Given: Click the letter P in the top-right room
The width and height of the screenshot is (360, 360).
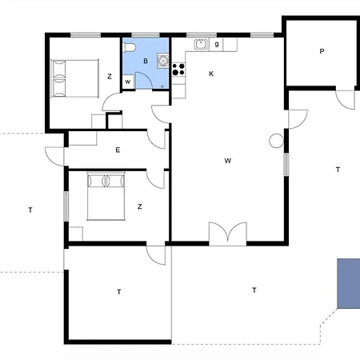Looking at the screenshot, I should (322, 51).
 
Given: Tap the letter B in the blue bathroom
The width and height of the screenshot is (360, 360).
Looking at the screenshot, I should (145, 61).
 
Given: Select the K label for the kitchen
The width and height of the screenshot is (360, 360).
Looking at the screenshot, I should (211, 74).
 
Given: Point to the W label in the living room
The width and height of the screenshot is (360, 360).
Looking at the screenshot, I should (228, 161).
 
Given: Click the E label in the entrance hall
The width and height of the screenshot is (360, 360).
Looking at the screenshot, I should (118, 150).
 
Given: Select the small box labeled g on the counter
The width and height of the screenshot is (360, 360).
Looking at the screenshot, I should (217, 45).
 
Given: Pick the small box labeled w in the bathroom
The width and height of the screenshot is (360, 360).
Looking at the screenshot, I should (128, 81).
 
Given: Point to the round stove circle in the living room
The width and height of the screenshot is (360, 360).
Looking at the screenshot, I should (276, 141).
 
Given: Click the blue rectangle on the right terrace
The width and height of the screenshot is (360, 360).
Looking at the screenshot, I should (348, 283).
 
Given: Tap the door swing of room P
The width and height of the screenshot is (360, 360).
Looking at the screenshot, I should (344, 99).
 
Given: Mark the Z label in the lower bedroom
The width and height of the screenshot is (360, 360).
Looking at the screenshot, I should (139, 206).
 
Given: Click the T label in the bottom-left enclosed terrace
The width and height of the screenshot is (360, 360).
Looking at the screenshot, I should (118, 292).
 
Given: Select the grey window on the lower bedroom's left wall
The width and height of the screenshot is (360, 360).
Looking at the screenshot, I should (66, 203).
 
